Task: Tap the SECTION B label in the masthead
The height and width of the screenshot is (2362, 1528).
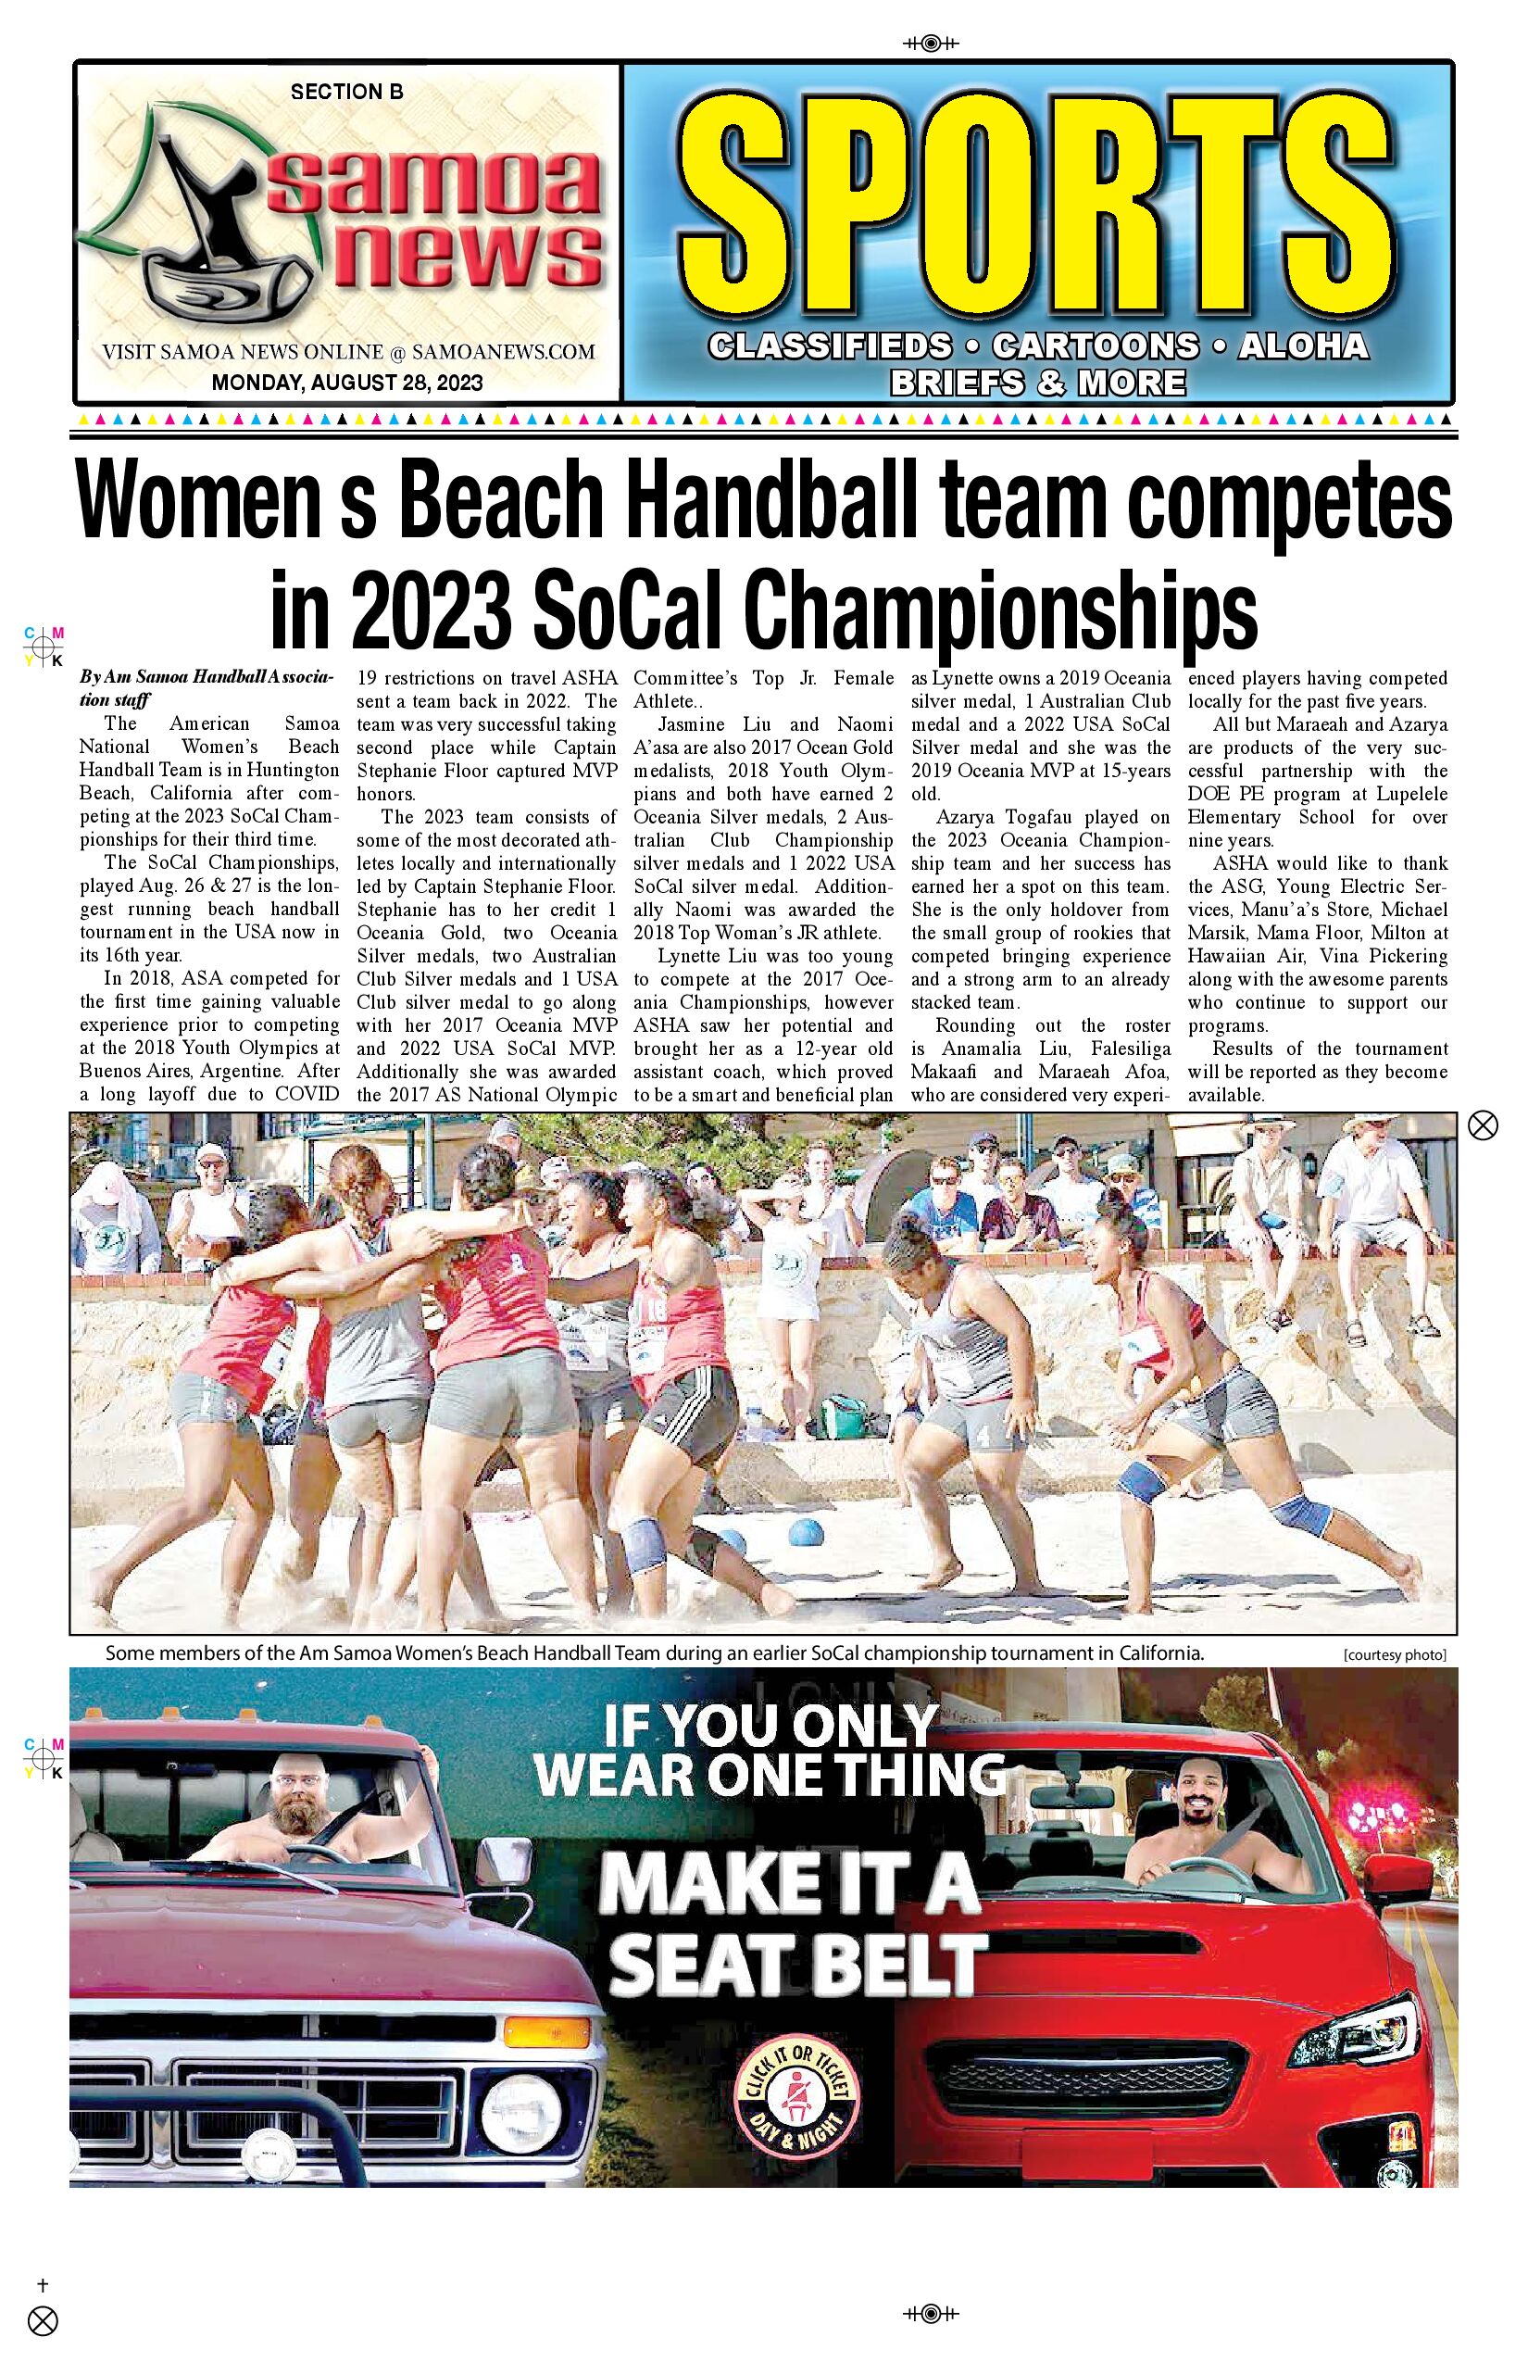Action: (346, 93)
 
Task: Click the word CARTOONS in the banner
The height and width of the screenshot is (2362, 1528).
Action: (1096, 346)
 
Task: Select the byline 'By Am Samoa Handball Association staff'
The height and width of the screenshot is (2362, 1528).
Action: (207, 687)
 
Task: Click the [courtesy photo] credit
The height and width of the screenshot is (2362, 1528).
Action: (1394, 1655)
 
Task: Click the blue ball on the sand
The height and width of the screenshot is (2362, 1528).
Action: (806, 1533)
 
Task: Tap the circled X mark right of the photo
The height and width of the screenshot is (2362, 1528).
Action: (1483, 1125)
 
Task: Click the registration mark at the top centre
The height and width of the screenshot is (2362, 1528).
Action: (931, 43)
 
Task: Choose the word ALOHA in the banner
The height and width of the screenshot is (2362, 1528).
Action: (1303, 346)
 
